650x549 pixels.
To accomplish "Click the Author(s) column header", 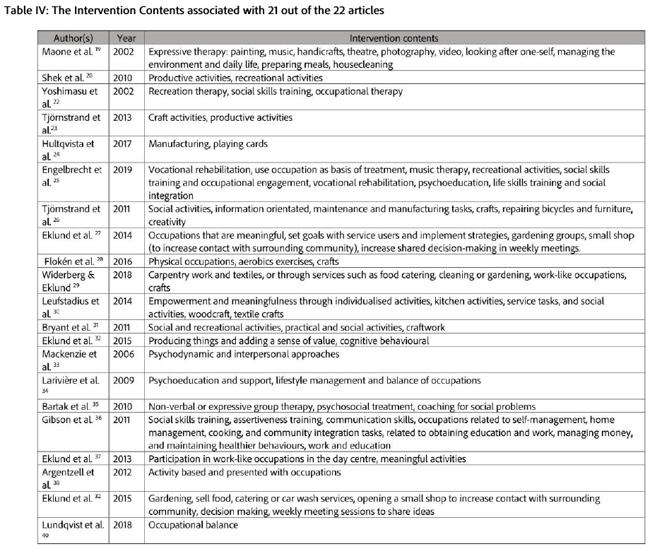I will (x=73, y=38).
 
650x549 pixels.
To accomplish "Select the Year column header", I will (x=126, y=38).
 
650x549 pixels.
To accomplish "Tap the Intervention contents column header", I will (x=394, y=38).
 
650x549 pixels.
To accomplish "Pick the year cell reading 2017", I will (x=124, y=143).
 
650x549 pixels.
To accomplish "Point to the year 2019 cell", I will (x=124, y=170).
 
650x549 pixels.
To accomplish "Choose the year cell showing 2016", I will (x=124, y=261).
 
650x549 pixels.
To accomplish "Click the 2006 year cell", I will (x=124, y=353).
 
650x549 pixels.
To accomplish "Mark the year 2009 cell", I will (x=124, y=380).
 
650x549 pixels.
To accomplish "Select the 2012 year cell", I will (x=124, y=471).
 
